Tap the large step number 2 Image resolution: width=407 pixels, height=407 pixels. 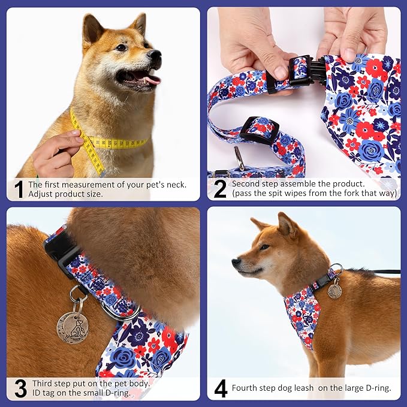tap(220, 189)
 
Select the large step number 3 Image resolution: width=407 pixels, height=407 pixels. tap(20, 388)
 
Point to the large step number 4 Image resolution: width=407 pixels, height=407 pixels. tap(221, 388)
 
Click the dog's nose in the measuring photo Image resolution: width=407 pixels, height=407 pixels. tap(155, 56)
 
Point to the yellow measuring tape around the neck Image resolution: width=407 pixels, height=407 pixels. tap(114, 143)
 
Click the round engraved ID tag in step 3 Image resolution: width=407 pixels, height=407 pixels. tap(73, 327)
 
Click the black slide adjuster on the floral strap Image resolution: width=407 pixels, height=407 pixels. tap(260, 129)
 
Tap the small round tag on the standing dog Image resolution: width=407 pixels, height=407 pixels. tap(334, 291)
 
